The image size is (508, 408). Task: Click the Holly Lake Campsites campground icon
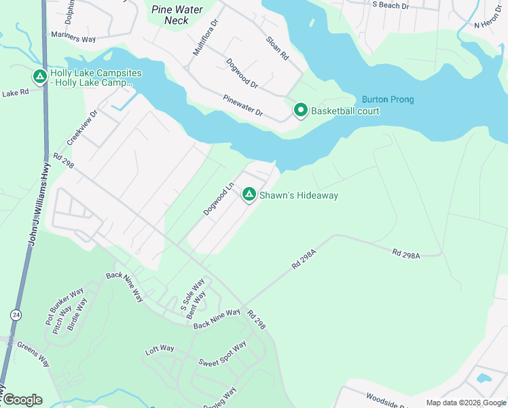click(40, 77)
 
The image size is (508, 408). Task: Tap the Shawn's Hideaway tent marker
click(249, 195)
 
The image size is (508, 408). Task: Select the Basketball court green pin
click(300, 110)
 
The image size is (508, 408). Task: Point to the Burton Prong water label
click(387, 99)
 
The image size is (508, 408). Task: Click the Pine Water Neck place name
click(177, 15)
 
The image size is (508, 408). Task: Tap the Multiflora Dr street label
click(206, 37)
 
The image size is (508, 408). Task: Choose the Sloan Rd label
click(277, 48)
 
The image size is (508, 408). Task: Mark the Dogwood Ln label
click(219, 199)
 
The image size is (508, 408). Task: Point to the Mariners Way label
click(73, 39)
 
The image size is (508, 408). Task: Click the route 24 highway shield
click(16, 315)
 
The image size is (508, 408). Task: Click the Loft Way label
click(160, 349)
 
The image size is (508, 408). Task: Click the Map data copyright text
click(466, 403)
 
